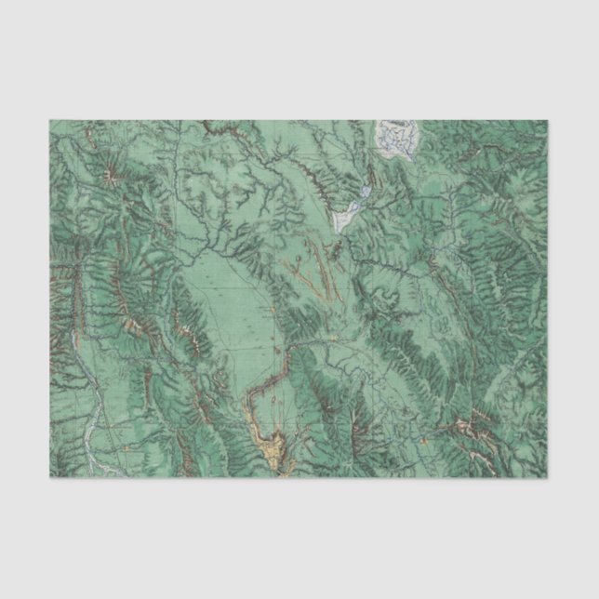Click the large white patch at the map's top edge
click(397, 138)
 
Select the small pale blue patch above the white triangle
click(366, 194)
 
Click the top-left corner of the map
click(49, 120)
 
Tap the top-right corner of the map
click(549, 120)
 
